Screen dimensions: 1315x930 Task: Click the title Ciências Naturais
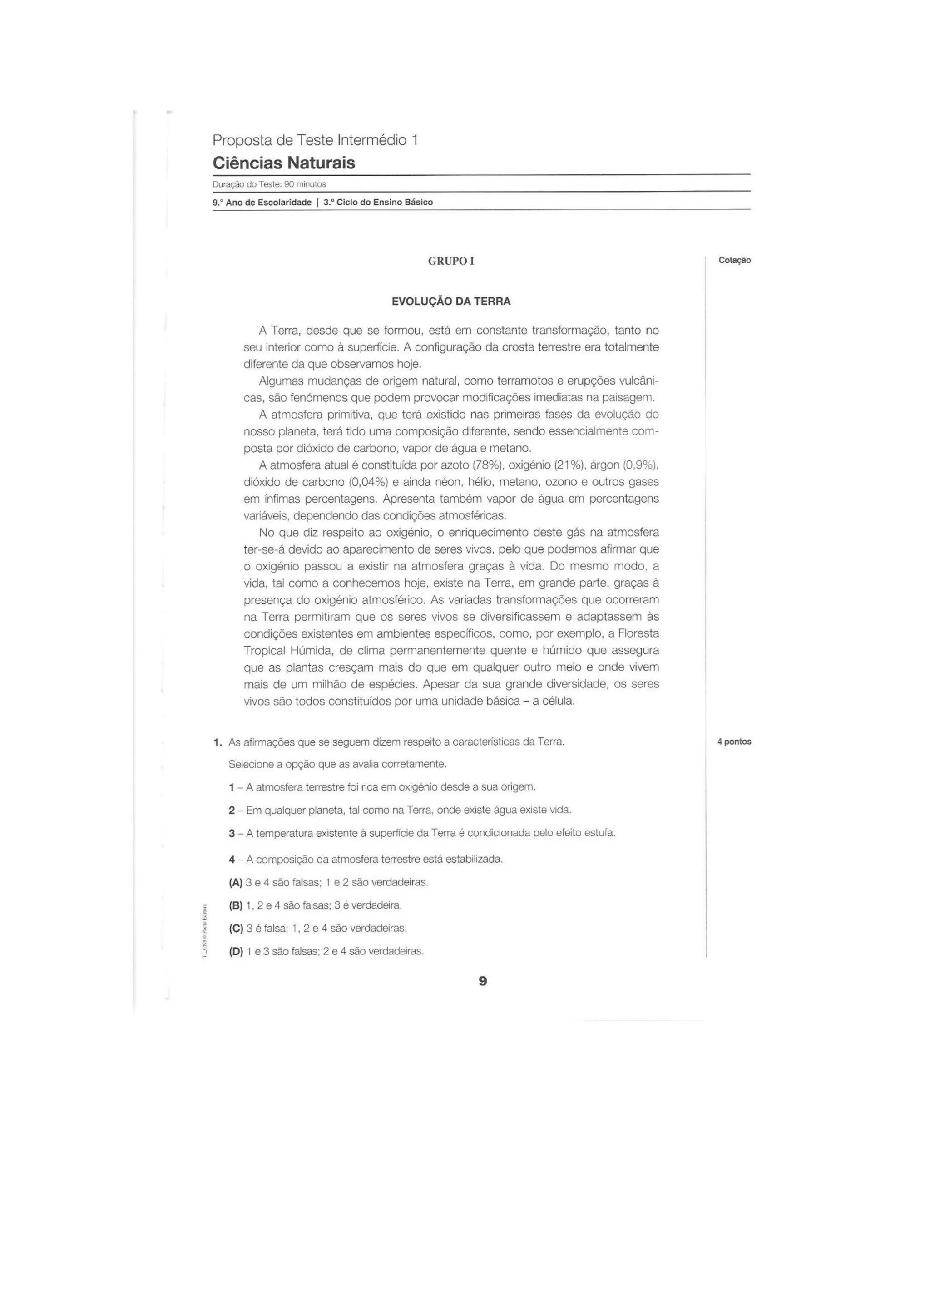pos(283,163)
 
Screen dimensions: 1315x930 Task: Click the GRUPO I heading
pos(451,261)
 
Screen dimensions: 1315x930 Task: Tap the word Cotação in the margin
pos(735,260)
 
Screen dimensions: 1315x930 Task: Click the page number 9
pos(482,981)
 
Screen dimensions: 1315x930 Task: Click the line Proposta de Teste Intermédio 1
pos(315,140)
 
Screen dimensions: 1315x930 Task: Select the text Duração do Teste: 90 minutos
pos(269,184)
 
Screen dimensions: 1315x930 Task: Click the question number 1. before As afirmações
pos(217,742)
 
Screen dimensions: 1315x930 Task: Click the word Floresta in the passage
pos(638,633)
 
